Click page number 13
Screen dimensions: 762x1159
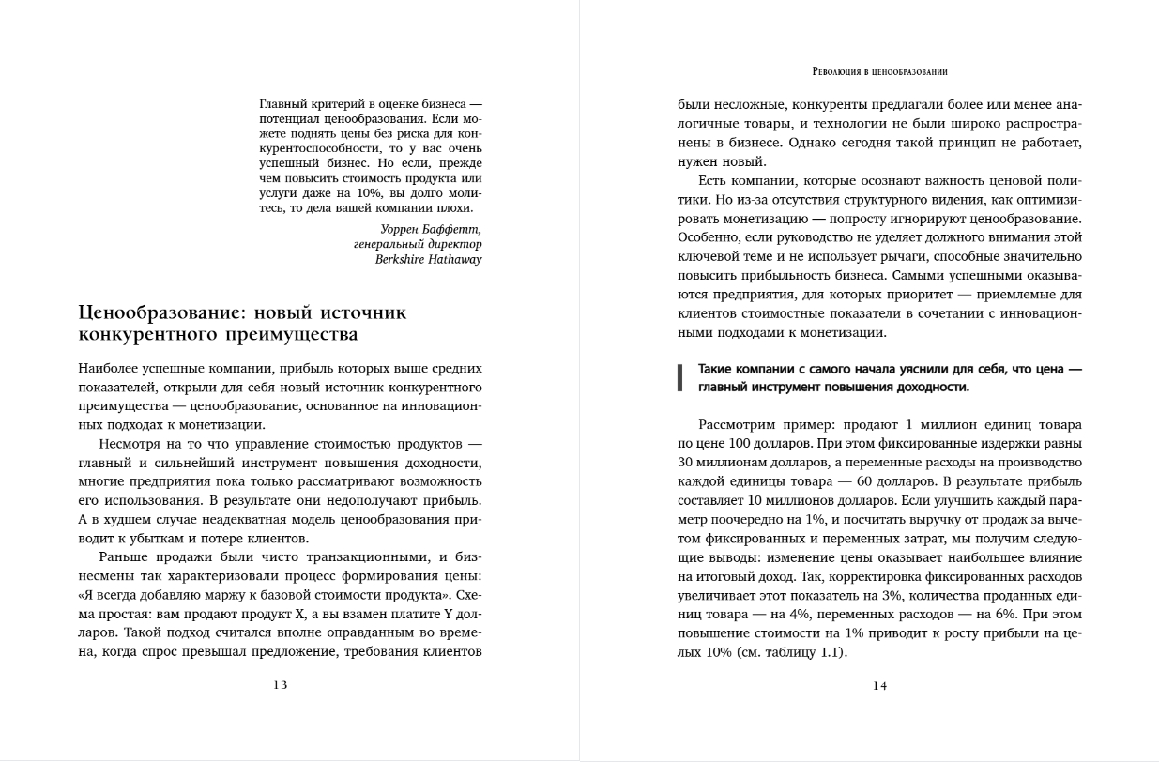(x=281, y=685)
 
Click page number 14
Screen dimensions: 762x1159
(x=879, y=685)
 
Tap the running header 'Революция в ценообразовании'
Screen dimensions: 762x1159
(x=879, y=71)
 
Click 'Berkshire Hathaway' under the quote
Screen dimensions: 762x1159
(x=428, y=259)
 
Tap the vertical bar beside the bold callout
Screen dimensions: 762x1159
(x=679, y=377)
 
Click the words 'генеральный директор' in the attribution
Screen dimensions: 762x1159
(x=418, y=244)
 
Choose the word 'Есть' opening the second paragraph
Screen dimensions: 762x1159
(x=713, y=181)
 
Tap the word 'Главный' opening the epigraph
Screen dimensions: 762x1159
(x=283, y=103)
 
